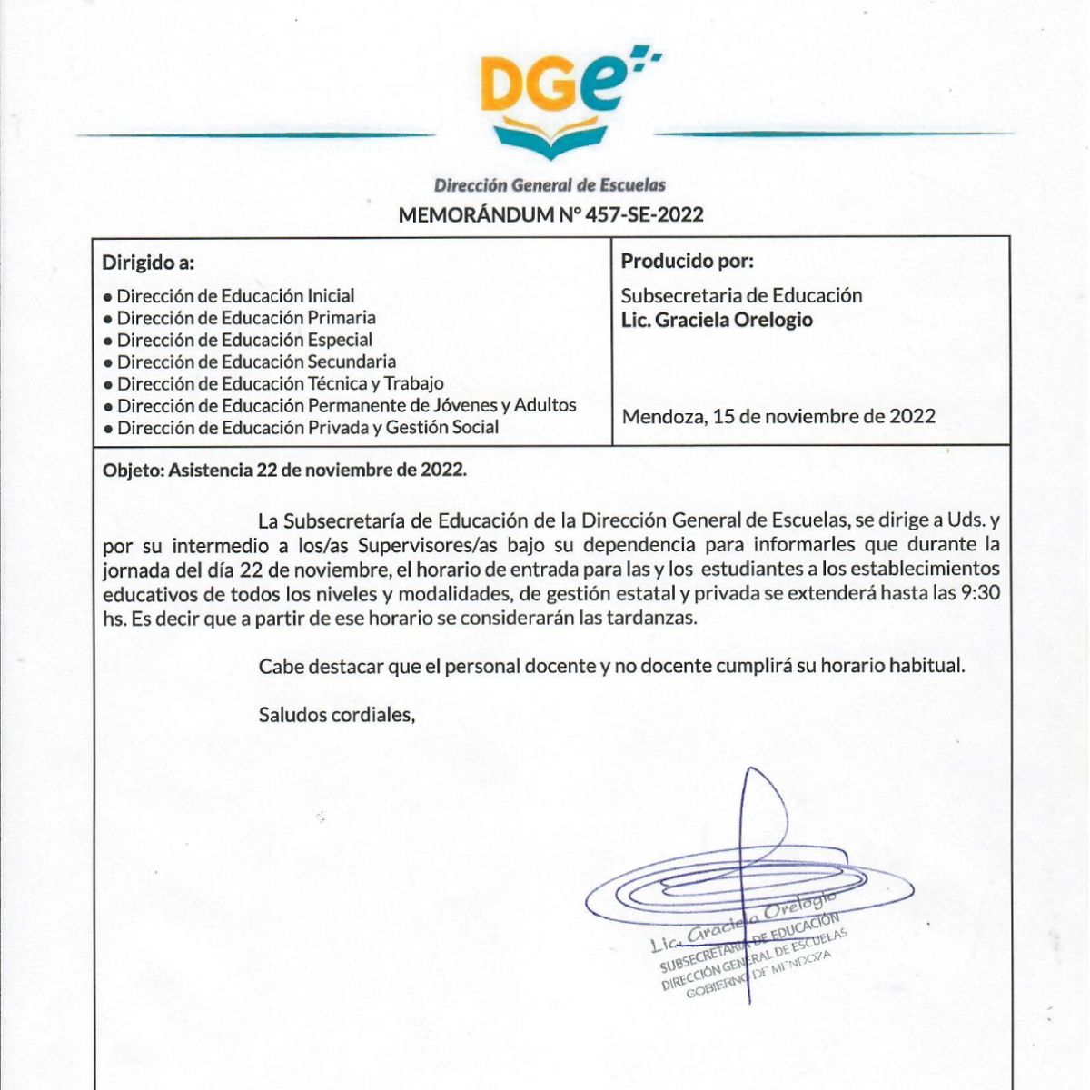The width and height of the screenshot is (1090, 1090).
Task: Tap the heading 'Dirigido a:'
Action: tap(148, 263)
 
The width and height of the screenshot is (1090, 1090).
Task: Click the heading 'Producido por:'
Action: tap(688, 262)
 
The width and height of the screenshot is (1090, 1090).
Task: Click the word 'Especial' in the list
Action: tap(340, 340)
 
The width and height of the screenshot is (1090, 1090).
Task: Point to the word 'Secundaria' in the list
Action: tap(352, 362)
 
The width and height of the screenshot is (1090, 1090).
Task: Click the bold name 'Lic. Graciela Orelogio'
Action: tap(717, 320)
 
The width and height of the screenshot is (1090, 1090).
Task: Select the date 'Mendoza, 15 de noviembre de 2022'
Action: tap(778, 417)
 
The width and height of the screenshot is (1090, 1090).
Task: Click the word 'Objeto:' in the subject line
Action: tap(133, 471)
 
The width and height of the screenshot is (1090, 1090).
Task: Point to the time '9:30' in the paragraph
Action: tap(980, 594)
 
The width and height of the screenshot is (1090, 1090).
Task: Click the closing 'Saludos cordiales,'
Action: tap(337, 715)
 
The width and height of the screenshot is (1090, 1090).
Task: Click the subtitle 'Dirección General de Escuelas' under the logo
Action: tap(550, 185)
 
